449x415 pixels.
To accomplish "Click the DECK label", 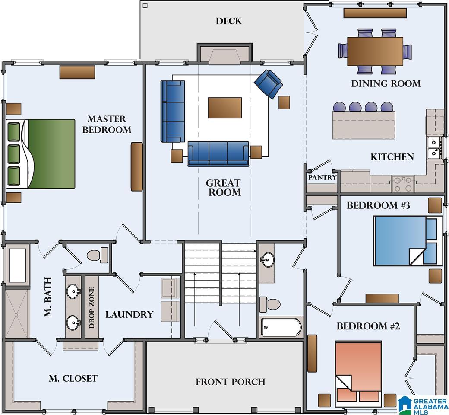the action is (228, 21).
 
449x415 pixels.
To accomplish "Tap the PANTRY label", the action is (322, 177).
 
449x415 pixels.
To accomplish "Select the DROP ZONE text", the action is (92, 308).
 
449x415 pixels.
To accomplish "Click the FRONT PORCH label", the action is (230, 382).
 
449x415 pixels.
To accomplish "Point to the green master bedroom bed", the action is (41, 154).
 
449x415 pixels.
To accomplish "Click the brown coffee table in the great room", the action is (225, 108).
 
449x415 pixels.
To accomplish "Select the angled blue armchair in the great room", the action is (268, 84).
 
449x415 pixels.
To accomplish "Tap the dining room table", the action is (375, 51).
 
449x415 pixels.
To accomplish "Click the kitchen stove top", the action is (403, 184).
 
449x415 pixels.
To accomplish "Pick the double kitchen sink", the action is (435, 148).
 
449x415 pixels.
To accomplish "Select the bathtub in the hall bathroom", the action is (281, 327).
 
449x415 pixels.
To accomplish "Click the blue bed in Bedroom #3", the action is (408, 240).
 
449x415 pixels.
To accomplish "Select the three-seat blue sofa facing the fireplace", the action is (218, 154).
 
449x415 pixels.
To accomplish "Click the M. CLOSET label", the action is (73, 378).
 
